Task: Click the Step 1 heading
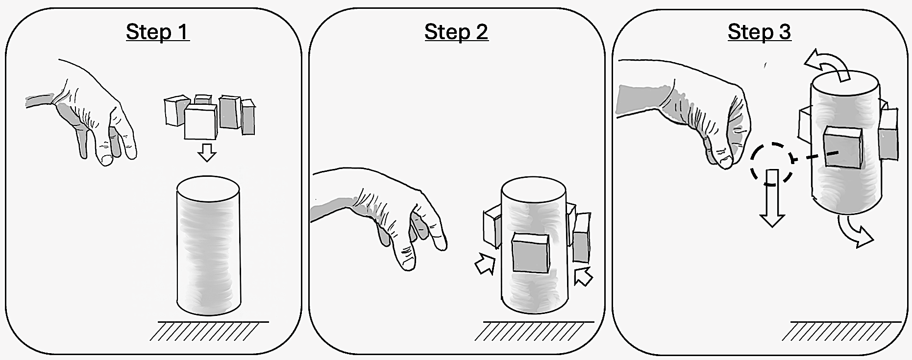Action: click(x=157, y=32)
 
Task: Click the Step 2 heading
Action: click(x=456, y=32)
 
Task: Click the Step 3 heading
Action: click(x=759, y=32)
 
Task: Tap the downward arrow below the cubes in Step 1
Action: click(x=207, y=152)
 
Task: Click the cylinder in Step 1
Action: click(x=208, y=250)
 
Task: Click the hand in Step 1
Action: click(x=98, y=118)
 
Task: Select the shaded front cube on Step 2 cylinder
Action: click(x=530, y=254)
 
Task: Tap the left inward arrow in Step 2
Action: click(x=485, y=264)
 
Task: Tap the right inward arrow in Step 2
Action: click(x=583, y=276)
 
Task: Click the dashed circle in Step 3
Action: click(x=771, y=163)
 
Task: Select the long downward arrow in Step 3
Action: click(x=772, y=201)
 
